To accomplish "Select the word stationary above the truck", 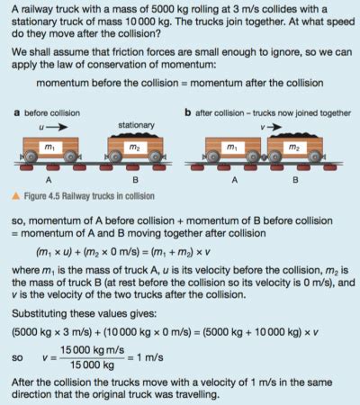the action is coord(134,124).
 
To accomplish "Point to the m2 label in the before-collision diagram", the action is coord(134,147).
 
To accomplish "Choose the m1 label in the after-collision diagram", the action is coord(231,147).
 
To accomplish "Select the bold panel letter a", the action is coord(16,113).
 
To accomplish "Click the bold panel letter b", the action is coord(187,113).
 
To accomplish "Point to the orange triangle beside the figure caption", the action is coord(16,195).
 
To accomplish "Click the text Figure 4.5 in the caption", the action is coord(43,195).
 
